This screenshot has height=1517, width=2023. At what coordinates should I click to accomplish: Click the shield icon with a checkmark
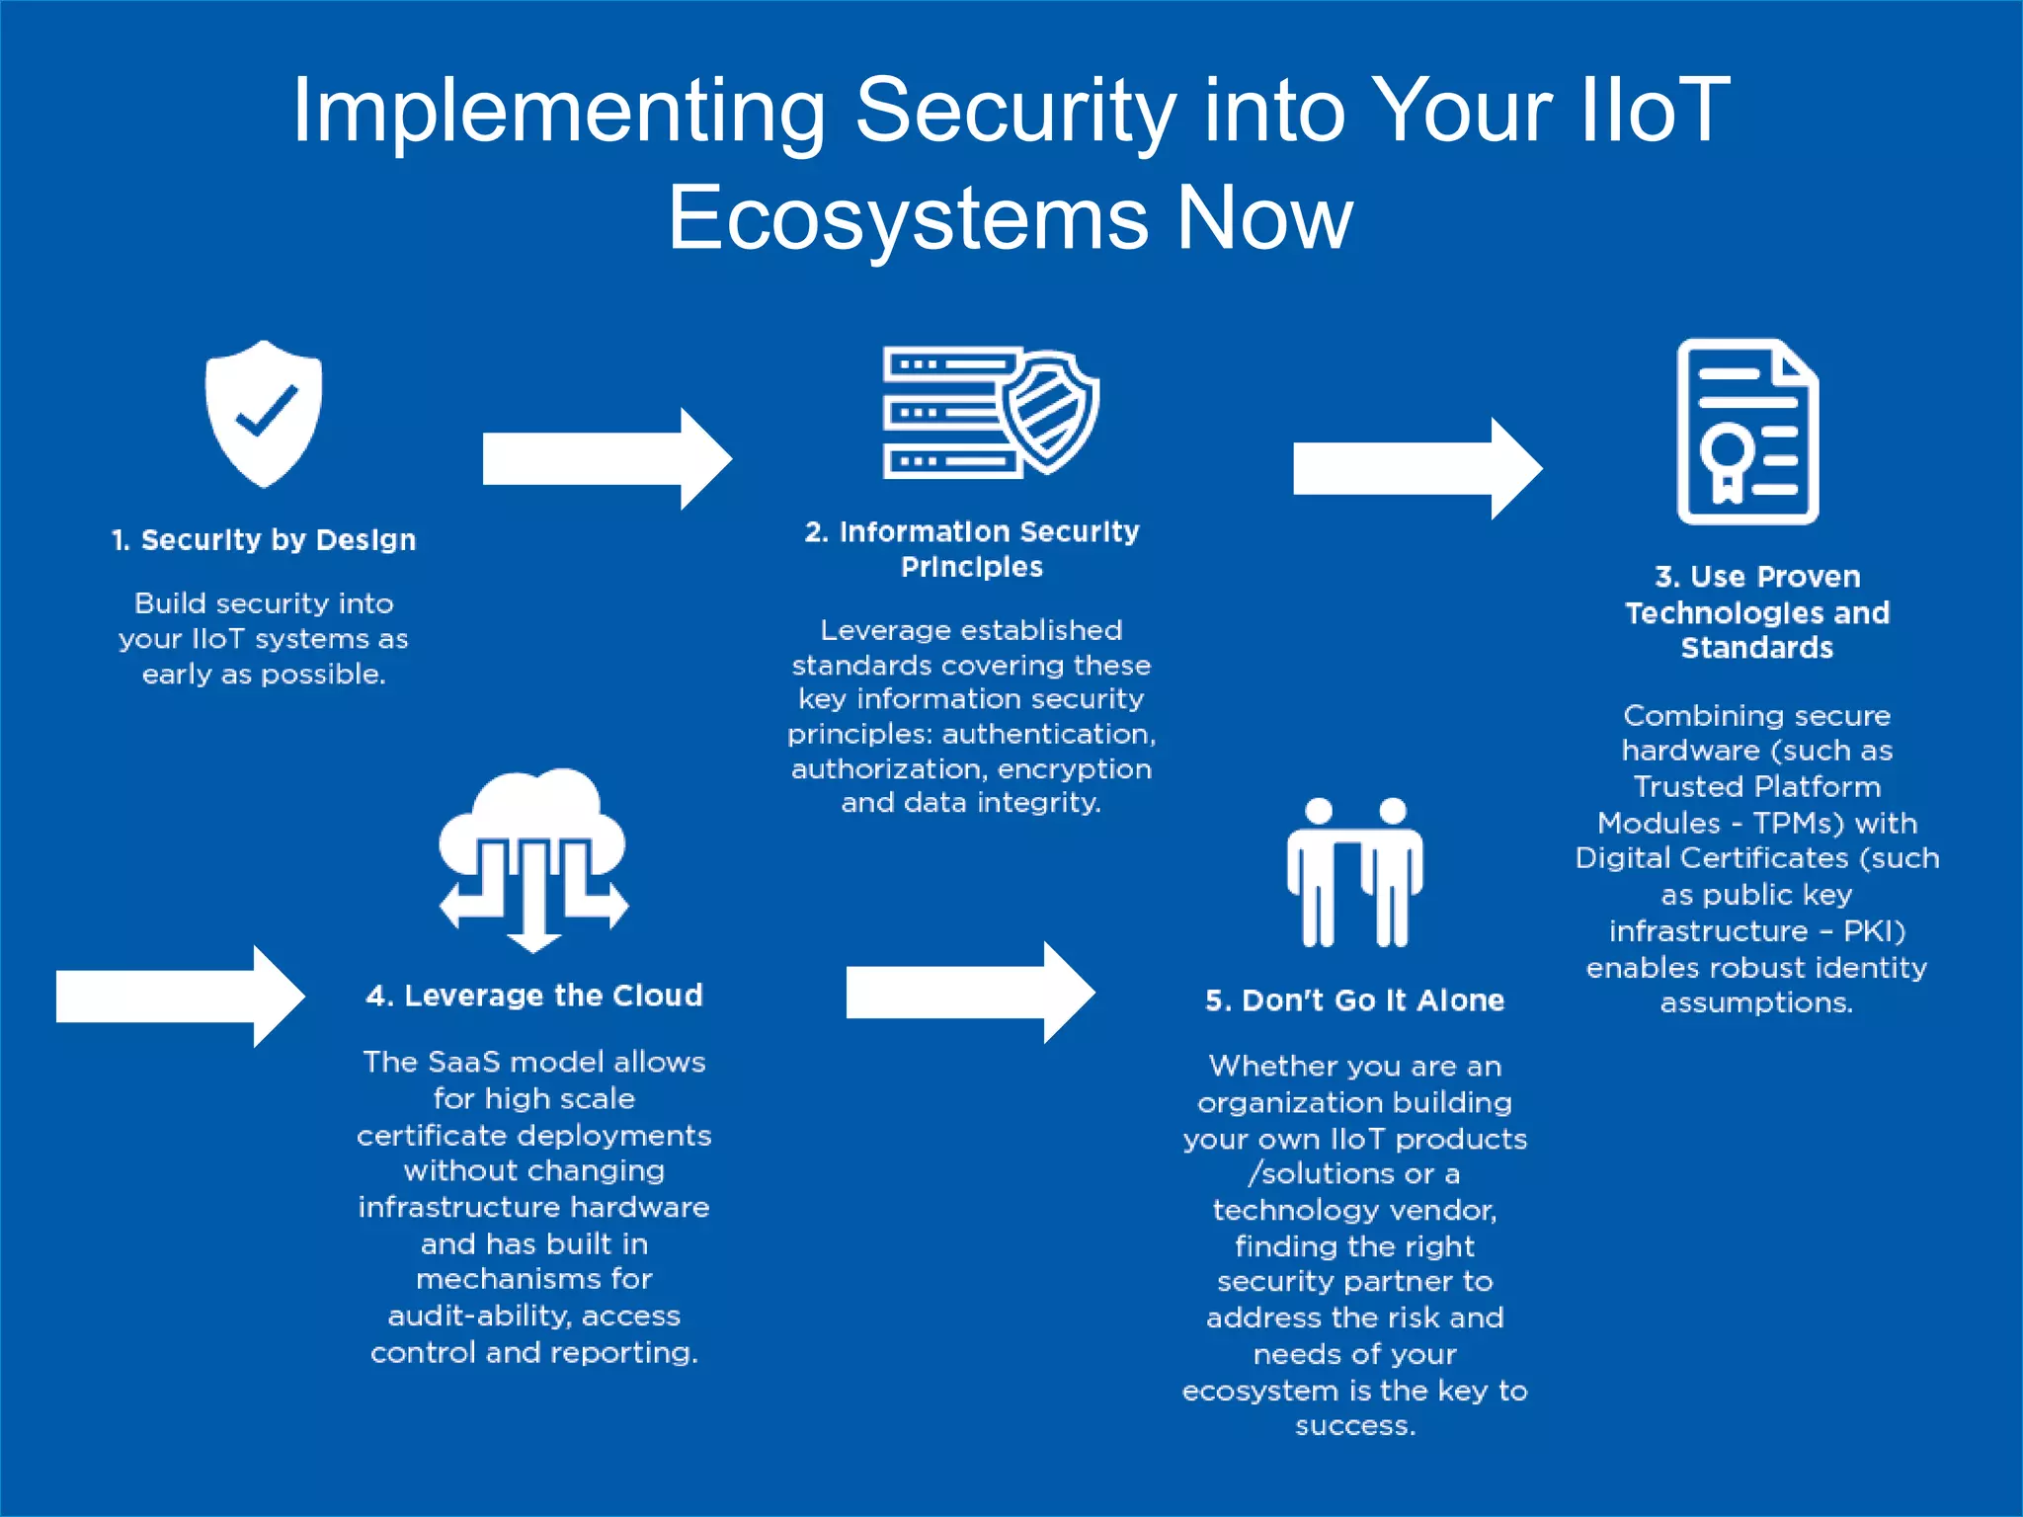click(264, 415)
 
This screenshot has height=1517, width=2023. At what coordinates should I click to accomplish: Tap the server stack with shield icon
click(990, 412)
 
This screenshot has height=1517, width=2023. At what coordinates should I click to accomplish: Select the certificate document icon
click(1747, 432)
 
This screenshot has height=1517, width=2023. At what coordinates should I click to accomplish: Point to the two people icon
click(1354, 872)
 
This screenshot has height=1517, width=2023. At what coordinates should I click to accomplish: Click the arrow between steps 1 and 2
click(607, 459)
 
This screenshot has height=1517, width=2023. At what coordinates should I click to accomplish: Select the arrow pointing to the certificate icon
click(1416, 468)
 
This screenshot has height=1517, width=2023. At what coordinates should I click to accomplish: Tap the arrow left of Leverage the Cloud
click(180, 996)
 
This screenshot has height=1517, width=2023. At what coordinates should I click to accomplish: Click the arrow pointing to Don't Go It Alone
click(970, 992)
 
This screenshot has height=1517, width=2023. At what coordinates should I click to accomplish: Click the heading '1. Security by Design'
click(264, 540)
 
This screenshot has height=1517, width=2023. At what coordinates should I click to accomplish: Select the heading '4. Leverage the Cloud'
click(533, 996)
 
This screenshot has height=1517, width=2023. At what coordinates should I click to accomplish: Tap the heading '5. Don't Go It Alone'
click(1354, 1000)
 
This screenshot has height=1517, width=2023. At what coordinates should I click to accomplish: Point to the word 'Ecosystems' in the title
click(907, 218)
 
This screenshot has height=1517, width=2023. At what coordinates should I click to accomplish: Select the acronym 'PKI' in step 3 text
click(1869, 931)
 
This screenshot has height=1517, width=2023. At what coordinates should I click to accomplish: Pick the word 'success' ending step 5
click(1353, 1426)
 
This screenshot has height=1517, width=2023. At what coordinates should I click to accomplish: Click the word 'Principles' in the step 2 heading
click(971, 567)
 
